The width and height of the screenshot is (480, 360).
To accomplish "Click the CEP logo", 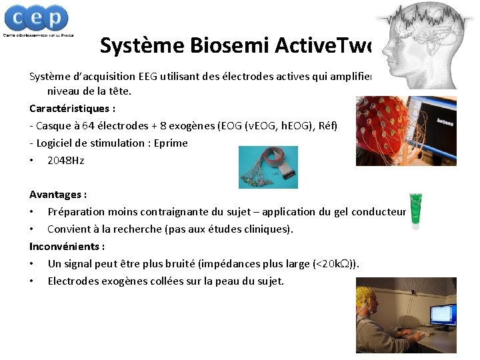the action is [x=38, y=20].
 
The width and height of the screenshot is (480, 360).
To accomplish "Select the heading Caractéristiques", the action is [x=72, y=108].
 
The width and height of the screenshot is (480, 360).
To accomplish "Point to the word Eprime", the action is [x=170, y=143].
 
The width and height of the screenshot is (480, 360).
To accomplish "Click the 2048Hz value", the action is [x=65, y=160].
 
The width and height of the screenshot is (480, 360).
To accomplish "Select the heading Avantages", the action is [x=58, y=195].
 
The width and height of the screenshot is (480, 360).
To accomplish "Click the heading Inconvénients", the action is [x=67, y=246].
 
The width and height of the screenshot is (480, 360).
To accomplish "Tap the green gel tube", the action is [x=416, y=211].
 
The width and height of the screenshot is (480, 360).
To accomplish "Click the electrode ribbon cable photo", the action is [x=268, y=167].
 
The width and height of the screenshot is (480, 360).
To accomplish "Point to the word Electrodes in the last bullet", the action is [x=72, y=281].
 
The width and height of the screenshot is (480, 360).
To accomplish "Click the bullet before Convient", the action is [x=32, y=229].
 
